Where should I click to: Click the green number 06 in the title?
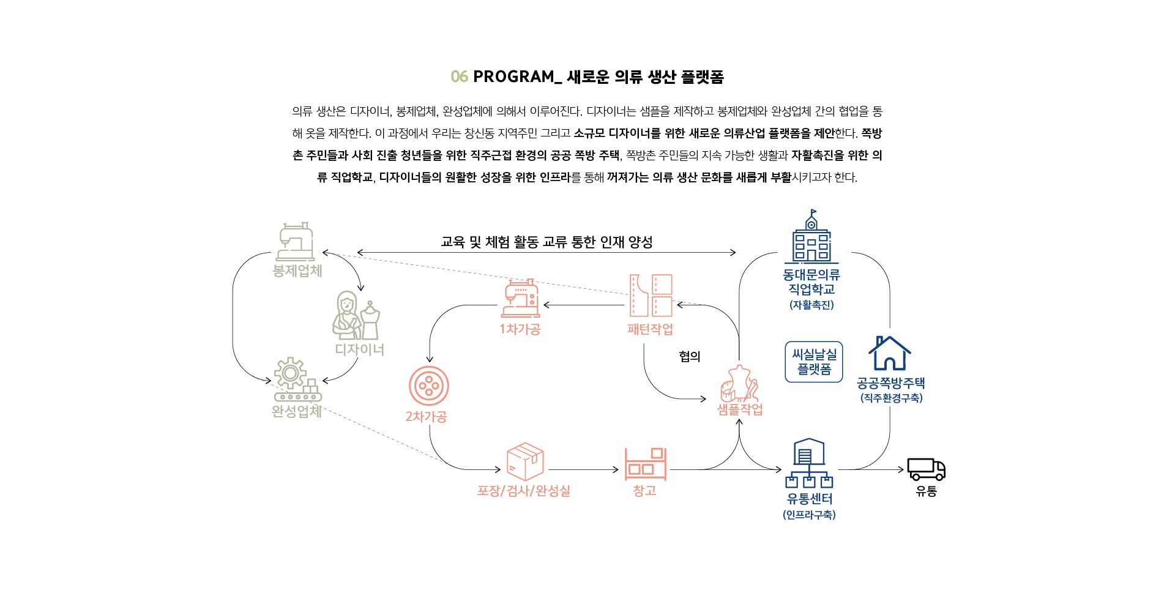click(459, 76)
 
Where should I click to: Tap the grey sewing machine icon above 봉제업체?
click(297, 241)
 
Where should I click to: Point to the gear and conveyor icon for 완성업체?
click(297, 379)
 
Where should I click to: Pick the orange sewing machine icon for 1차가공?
click(521, 298)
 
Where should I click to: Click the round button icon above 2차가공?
click(428, 386)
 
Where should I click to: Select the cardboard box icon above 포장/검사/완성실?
click(525, 461)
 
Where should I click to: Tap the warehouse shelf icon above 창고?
click(645, 464)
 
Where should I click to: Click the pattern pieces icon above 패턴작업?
click(651, 296)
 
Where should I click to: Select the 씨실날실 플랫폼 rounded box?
click(814, 362)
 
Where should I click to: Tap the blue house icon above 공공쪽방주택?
click(890, 353)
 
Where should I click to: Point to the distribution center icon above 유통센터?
click(809, 463)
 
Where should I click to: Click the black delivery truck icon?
click(926, 469)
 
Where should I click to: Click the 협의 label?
click(690, 356)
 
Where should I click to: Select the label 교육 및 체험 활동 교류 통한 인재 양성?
click(546, 242)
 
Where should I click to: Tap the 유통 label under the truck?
click(926, 491)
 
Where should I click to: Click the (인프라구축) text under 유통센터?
click(809, 515)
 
